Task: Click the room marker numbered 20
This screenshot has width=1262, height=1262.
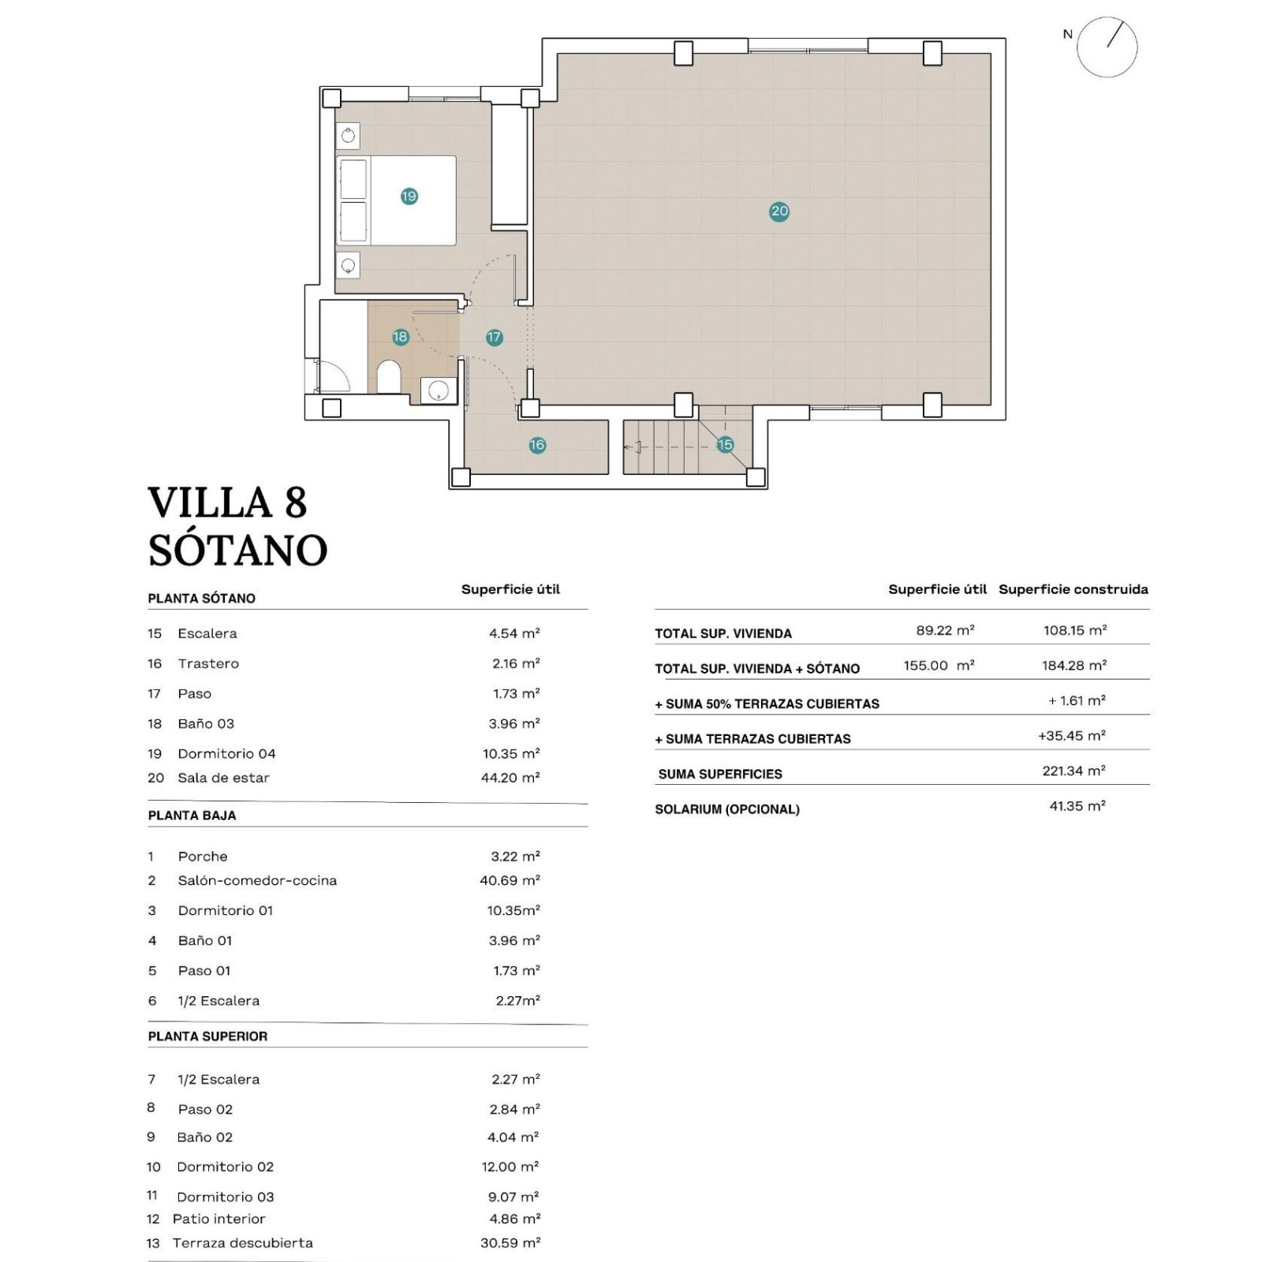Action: [779, 211]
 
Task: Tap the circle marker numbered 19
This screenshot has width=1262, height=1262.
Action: [409, 196]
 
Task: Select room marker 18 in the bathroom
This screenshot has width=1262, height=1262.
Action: [400, 337]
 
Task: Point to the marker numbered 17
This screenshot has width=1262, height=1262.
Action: [494, 337]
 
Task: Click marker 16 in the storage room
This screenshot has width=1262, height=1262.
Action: [537, 445]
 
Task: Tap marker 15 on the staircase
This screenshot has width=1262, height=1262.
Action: [725, 445]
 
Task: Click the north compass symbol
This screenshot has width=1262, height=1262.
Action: [1107, 47]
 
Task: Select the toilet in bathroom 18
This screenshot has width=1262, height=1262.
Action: [389, 377]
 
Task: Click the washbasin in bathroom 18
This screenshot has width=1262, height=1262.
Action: [439, 390]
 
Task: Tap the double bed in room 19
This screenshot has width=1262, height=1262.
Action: [397, 200]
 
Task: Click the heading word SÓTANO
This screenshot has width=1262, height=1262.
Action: [238, 550]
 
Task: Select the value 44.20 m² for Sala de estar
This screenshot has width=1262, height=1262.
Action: [510, 778]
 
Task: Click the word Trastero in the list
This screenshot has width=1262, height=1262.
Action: [208, 663]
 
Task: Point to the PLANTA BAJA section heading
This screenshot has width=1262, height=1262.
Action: [192, 816]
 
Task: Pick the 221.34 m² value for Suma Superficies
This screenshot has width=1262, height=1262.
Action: [1073, 771]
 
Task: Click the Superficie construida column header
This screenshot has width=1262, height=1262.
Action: [1073, 589]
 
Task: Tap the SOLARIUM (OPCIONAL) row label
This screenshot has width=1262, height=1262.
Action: [727, 809]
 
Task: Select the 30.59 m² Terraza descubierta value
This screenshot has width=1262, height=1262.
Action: [510, 1242]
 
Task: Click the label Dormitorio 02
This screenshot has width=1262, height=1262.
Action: [226, 1167]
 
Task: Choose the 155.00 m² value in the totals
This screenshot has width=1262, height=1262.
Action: [939, 666]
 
